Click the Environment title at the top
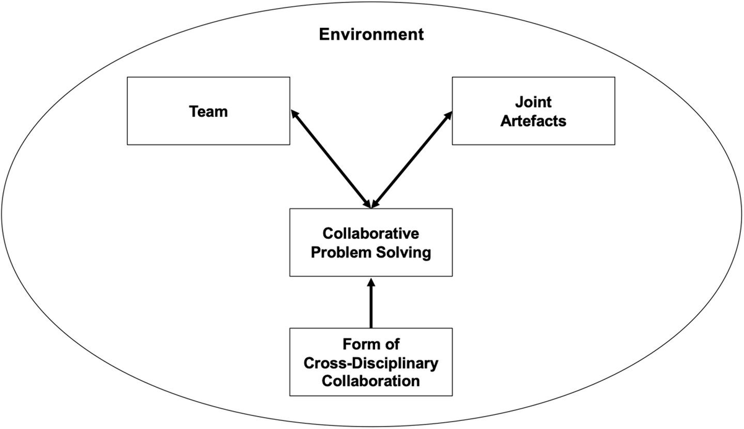[371, 34]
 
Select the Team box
[208, 111]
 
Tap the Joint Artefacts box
[533, 111]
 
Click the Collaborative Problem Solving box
[371, 243]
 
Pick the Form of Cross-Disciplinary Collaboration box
[371, 362]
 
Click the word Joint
[533, 103]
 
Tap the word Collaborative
[371, 234]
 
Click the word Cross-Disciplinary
[371, 362]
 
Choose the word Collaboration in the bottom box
[371, 379]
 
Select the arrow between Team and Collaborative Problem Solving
[330, 158]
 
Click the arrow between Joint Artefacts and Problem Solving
[412, 158]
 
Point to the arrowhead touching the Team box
[294, 115]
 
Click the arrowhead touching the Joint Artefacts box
[448, 115]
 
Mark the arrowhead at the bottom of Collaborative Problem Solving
[371, 283]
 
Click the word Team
[208, 111]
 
